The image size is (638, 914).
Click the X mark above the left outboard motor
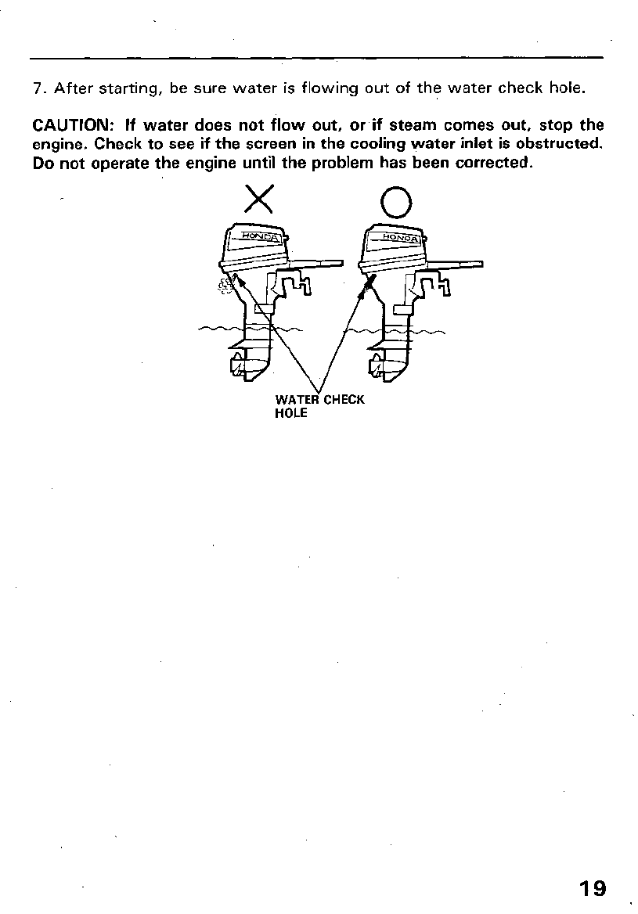tap(258, 200)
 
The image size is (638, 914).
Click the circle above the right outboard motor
tap(396, 203)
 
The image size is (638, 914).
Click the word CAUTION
tap(69, 125)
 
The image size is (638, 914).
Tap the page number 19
tap(593, 888)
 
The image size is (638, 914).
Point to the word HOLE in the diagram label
tap(290, 413)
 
